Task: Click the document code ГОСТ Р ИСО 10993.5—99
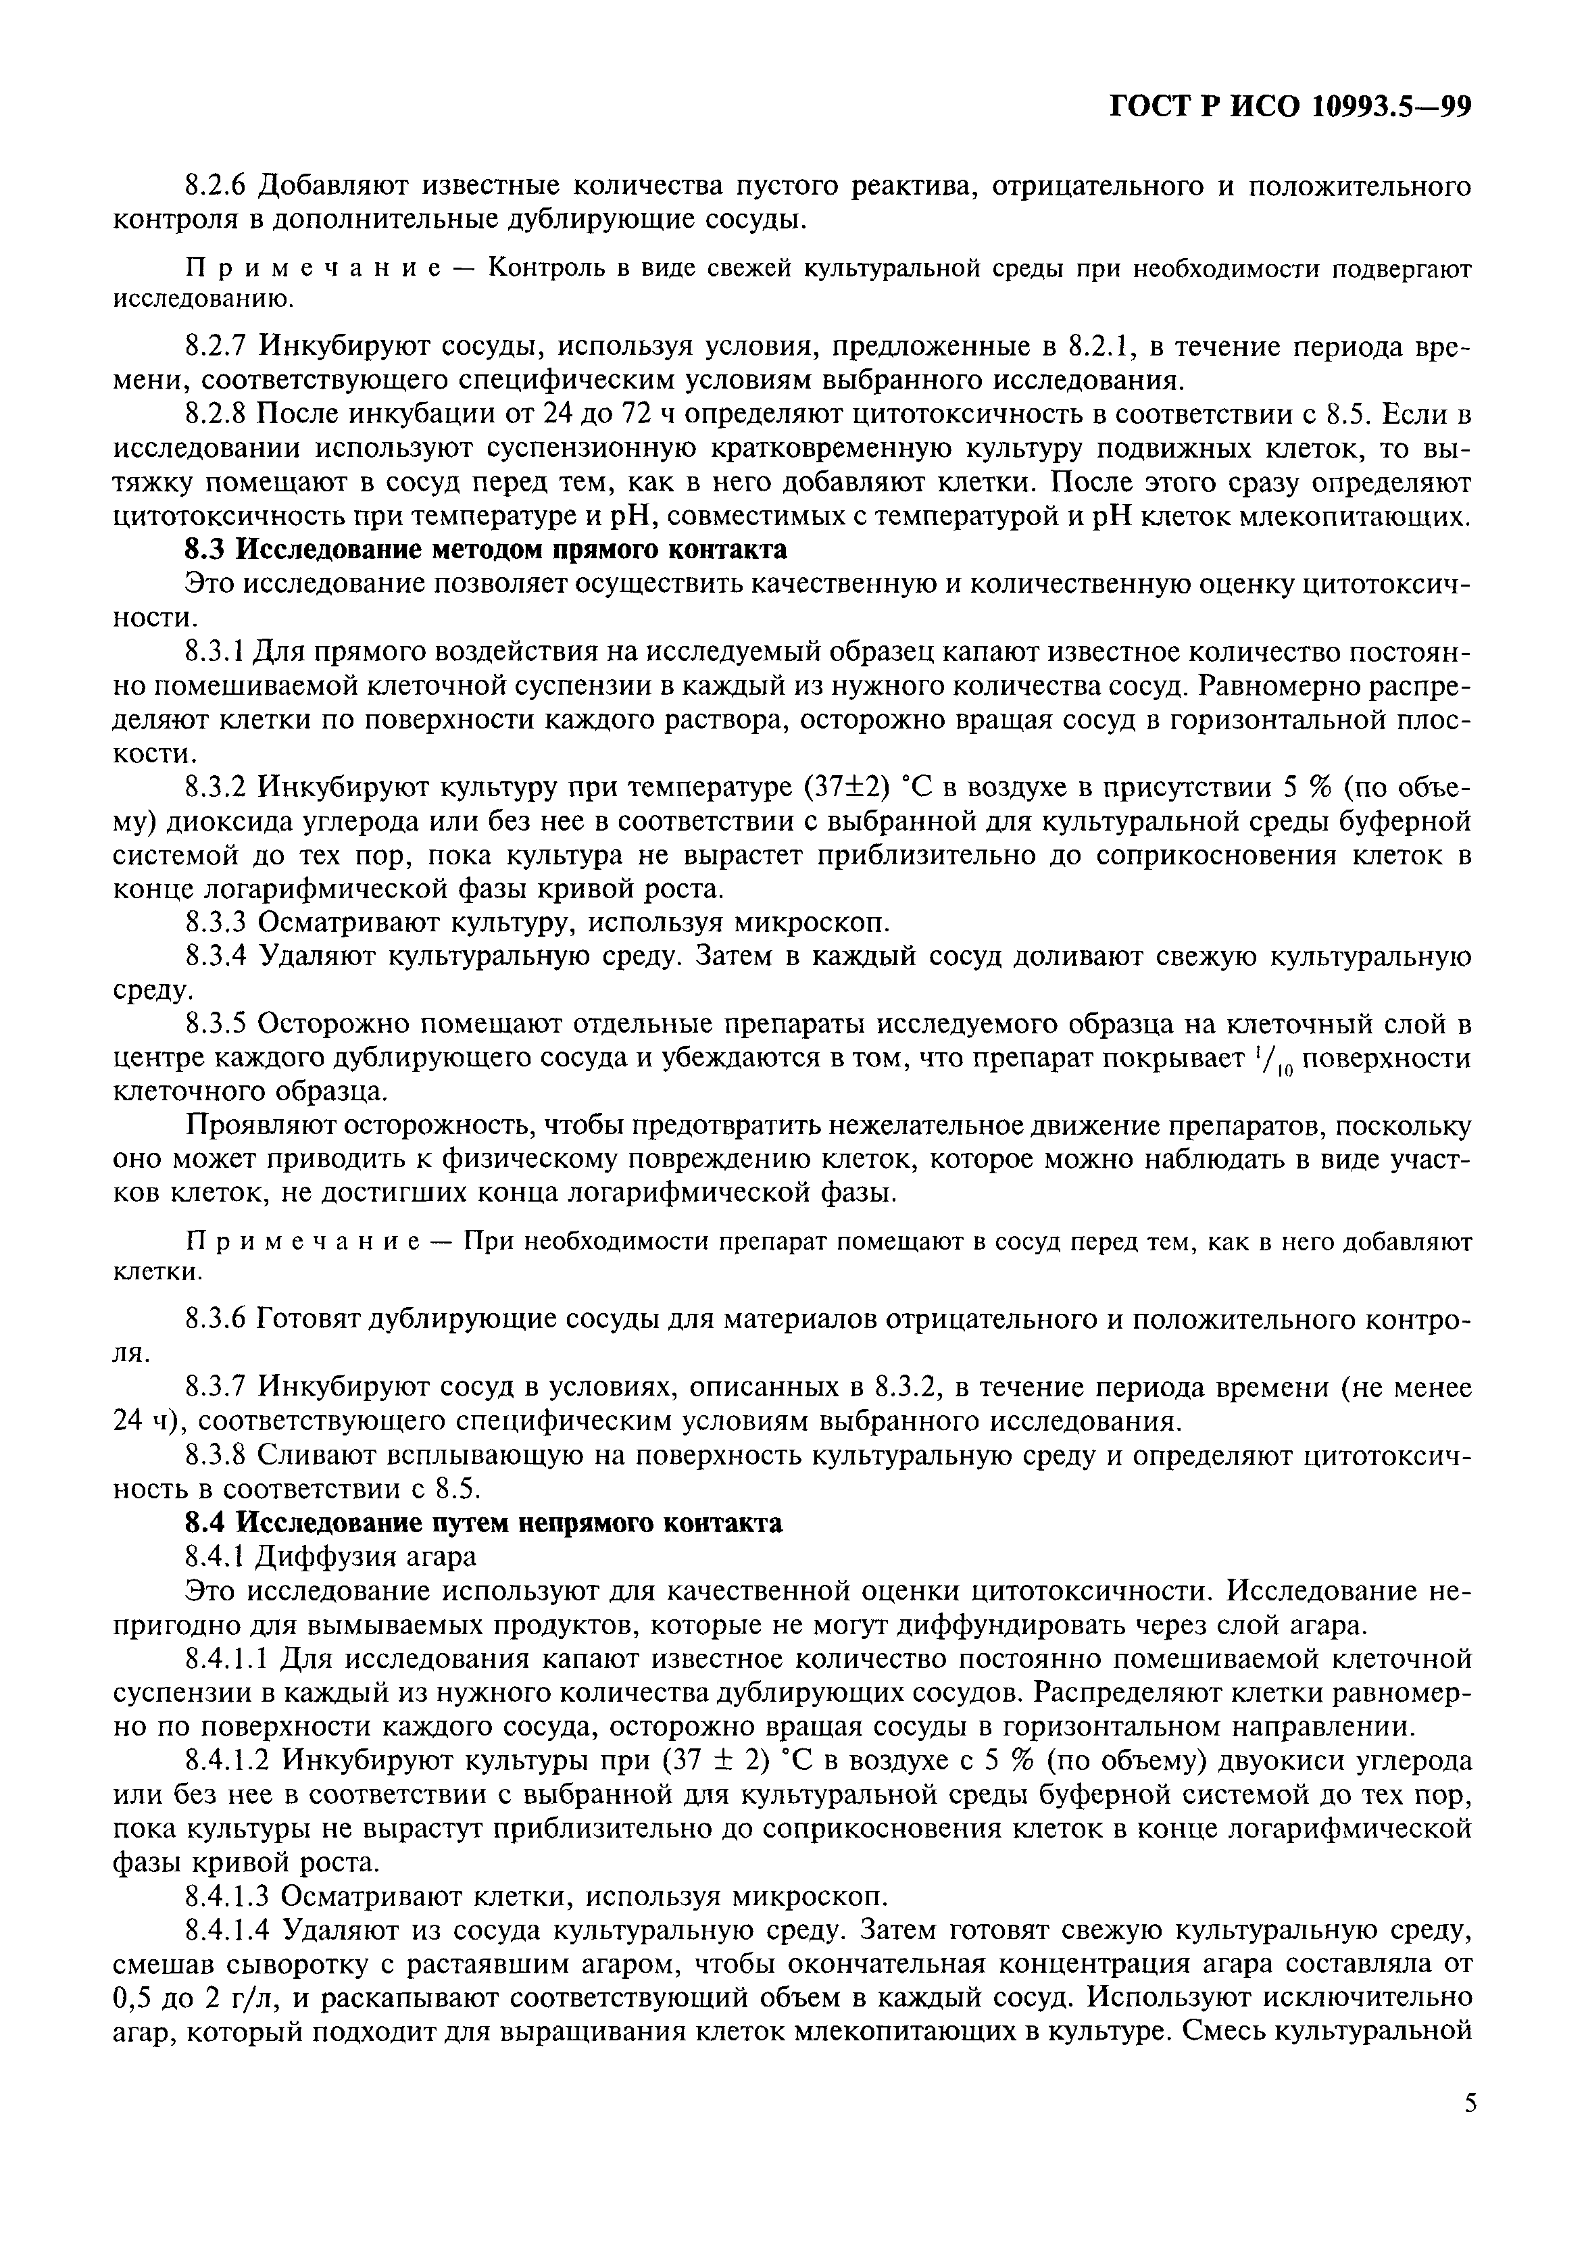(x=1291, y=106)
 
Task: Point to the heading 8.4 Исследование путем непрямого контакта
(x=484, y=1523)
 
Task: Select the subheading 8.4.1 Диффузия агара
(x=331, y=1556)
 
